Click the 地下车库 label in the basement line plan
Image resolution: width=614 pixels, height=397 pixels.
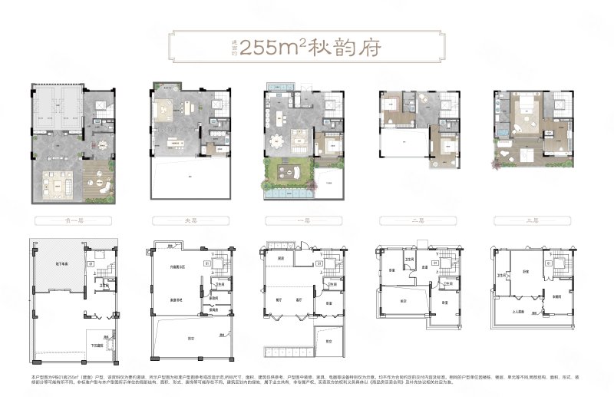point(56,263)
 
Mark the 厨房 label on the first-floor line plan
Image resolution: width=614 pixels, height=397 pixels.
point(282,259)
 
